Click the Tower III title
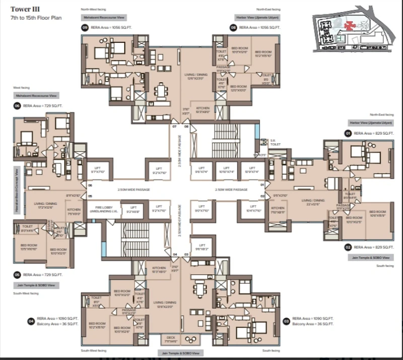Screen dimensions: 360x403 coord(21,8)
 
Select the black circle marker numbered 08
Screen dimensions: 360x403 coord(234,28)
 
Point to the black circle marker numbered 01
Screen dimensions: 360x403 coord(348,134)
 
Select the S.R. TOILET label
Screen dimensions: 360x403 coord(274,142)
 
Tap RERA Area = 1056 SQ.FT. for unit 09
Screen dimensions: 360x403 coord(108,28)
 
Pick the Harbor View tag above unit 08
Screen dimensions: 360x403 coord(258,18)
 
